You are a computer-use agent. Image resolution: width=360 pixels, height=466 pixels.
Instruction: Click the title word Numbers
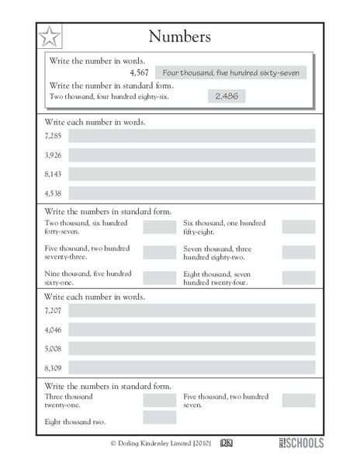[x=179, y=37]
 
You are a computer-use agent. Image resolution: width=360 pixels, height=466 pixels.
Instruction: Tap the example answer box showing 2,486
[x=223, y=96]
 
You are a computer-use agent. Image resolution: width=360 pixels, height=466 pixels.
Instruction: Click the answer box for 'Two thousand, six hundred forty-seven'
[x=160, y=227]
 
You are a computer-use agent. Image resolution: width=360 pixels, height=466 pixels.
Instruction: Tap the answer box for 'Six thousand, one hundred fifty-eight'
[x=299, y=227]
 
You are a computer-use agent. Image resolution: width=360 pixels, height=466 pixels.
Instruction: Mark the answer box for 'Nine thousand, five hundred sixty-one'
[x=160, y=277]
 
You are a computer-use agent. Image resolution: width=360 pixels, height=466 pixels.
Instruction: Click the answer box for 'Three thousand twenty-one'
[x=160, y=400]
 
